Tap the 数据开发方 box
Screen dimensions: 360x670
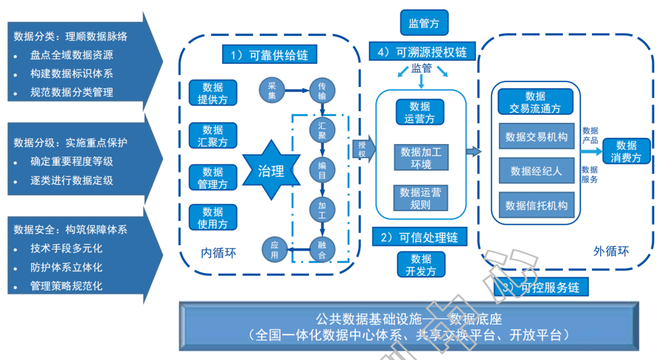[x=414, y=265]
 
